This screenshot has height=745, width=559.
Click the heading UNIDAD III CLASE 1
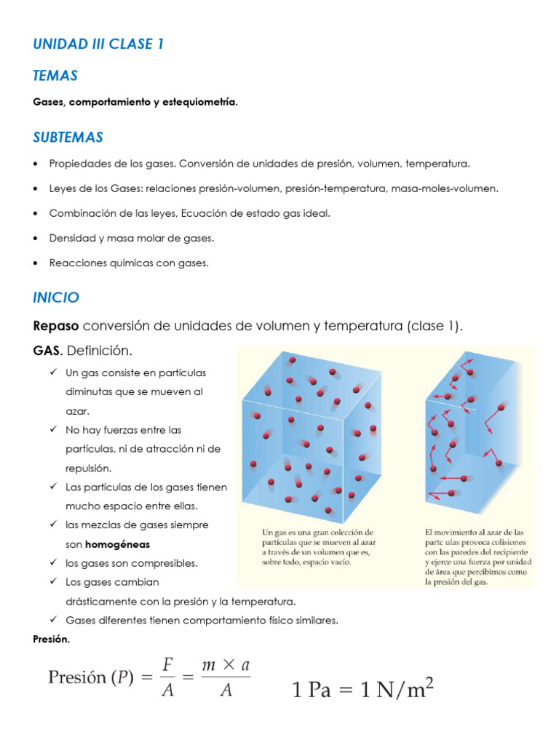coord(98,44)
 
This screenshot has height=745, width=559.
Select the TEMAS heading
coord(55,76)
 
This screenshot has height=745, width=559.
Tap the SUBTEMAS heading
coord(68,138)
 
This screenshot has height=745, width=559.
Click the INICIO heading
coord(56,298)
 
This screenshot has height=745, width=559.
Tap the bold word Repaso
coord(55,326)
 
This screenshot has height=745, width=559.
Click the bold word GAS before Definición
coord(48,351)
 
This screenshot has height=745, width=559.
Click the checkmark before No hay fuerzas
coord(55,430)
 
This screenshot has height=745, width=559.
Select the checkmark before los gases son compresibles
coord(55,563)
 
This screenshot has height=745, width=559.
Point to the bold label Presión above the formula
coord(51,639)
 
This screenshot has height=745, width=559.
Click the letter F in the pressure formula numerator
coord(167,664)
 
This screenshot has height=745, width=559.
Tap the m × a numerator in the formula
coord(226,664)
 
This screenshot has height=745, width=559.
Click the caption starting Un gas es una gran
coord(319,547)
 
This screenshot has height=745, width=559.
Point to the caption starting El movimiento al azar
coord(478,557)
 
